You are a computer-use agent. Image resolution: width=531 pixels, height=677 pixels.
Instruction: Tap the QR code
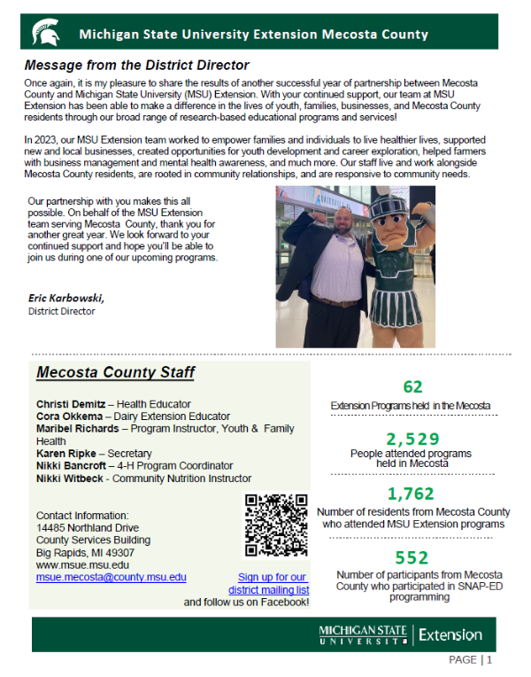[276, 525]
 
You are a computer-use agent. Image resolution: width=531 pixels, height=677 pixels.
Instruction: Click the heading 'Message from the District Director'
[136, 65]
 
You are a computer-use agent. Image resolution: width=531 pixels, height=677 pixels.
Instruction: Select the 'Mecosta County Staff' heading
[115, 372]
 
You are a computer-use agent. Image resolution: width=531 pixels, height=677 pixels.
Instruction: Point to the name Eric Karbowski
[65, 299]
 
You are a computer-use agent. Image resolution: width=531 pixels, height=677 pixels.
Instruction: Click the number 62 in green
[412, 386]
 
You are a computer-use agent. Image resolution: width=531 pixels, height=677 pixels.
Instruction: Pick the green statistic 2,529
[411, 439]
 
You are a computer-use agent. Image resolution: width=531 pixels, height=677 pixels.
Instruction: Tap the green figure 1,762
[412, 494]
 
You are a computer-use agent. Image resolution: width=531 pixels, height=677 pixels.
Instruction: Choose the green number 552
[412, 557]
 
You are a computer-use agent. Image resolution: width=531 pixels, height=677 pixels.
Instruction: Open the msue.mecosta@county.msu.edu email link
[112, 577]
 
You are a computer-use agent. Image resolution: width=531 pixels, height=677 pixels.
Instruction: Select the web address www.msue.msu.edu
[82, 564]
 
